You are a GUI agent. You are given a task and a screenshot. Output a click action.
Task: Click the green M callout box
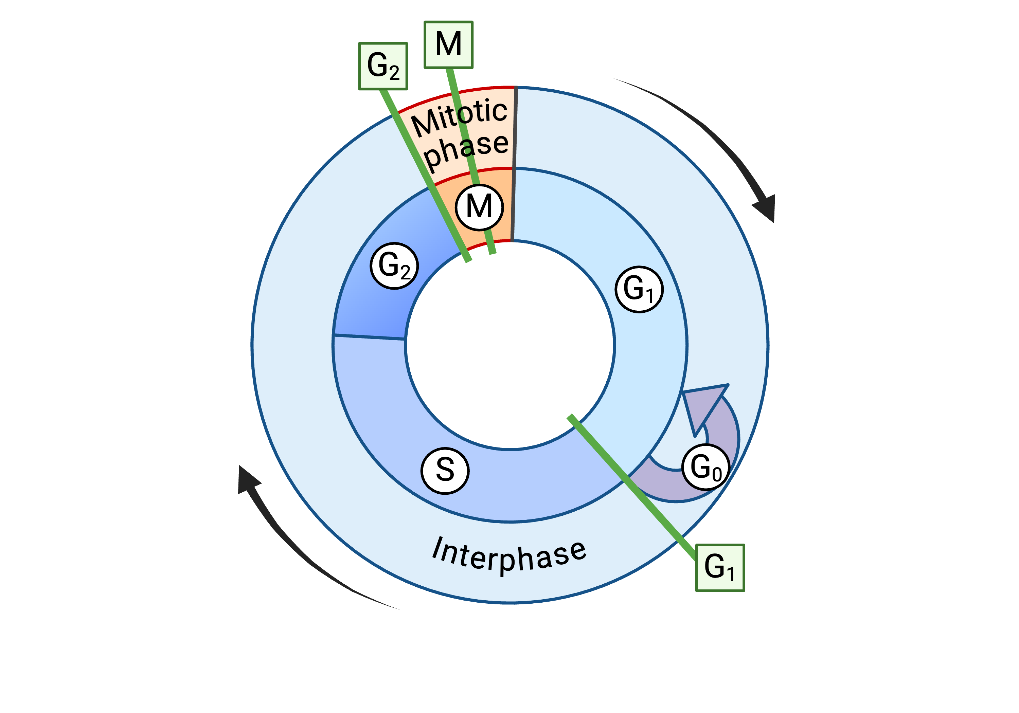click(x=448, y=45)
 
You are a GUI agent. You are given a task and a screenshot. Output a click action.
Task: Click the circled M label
click(x=479, y=207)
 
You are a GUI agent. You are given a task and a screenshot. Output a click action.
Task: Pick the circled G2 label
click(x=394, y=266)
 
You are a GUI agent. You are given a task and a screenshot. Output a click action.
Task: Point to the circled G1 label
click(x=639, y=289)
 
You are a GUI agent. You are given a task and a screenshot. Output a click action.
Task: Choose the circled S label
click(x=445, y=470)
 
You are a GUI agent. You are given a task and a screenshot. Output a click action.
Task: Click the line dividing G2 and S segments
click(x=369, y=337)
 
